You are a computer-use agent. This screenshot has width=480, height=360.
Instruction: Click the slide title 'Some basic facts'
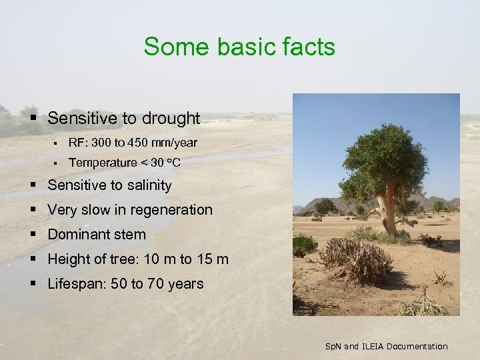239,47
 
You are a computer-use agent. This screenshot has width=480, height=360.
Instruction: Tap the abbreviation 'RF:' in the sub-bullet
78,143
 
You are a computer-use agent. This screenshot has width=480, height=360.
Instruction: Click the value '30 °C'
166,162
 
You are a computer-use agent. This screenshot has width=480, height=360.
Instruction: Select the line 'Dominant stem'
97,234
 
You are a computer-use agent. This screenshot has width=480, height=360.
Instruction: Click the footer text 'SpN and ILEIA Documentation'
386,346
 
